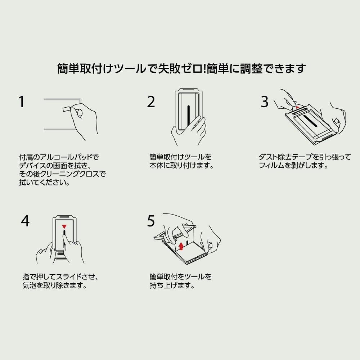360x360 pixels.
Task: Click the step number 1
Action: [22, 102]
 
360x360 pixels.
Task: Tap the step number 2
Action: [151, 102]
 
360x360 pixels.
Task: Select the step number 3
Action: [265, 102]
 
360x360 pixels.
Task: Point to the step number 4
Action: [25, 221]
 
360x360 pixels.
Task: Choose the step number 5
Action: [151, 221]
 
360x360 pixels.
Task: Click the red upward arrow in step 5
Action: [181, 246]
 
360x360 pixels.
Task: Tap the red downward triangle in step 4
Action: [64, 226]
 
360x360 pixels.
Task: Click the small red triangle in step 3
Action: [298, 107]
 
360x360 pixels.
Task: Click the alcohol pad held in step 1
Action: [66, 109]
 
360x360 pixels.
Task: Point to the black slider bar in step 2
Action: [189, 116]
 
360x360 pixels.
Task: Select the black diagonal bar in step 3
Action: [310, 121]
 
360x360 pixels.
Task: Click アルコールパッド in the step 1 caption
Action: [66, 157]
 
